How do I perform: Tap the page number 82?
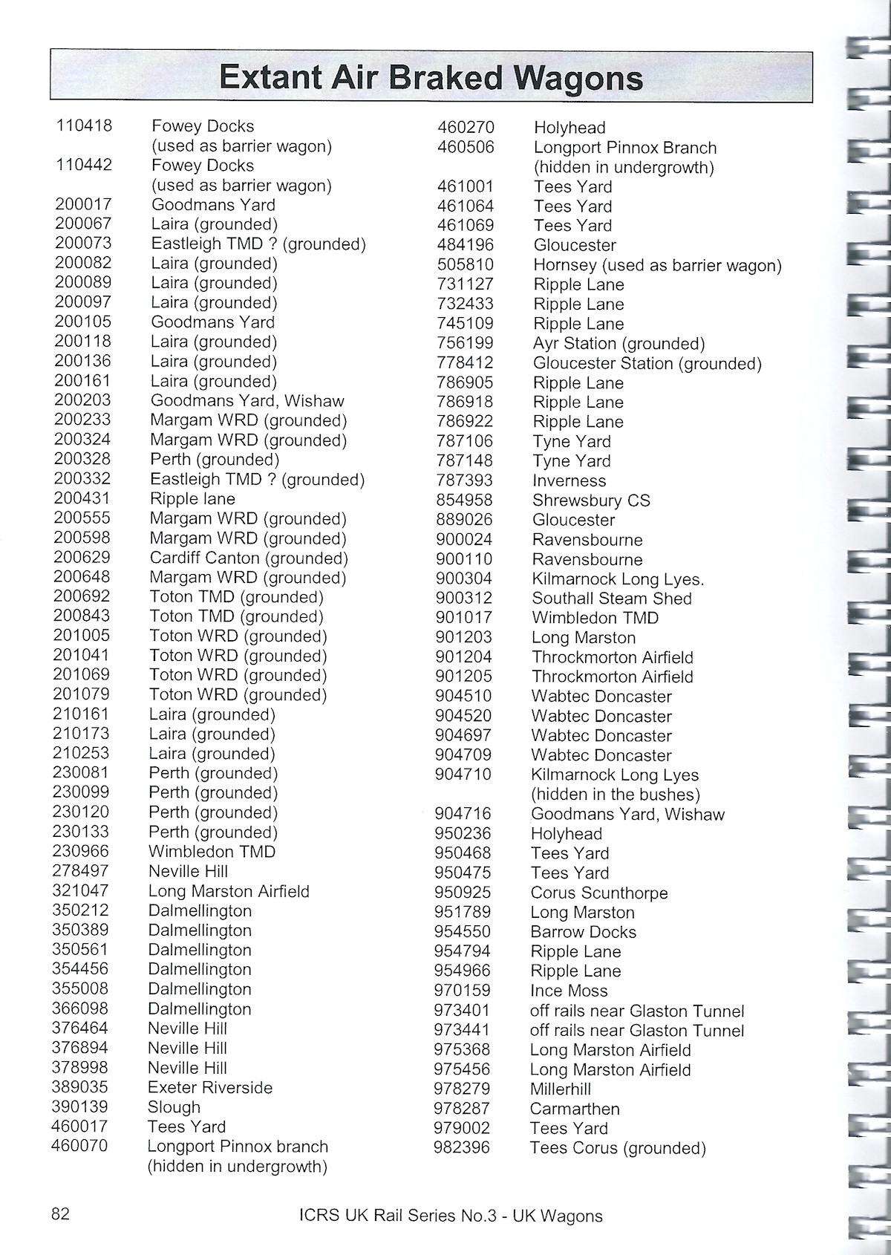pos(61,1213)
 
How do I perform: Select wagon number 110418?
pos(84,125)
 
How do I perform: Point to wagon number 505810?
pos(466,264)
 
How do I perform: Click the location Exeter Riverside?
pos(210,1087)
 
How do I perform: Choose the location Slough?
pos(174,1107)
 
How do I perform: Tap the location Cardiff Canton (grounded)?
pos(249,558)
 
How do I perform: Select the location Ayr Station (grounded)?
pos(619,343)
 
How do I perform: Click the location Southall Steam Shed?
pos(611,599)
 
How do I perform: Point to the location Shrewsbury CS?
pos(591,500)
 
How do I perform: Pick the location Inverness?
pos(569,480)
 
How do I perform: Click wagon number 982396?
pos(462,1147)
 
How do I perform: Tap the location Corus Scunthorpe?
pos(599,893)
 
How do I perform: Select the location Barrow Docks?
pos(583,932)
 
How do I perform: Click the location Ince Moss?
pos(569,991)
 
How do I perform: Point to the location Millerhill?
pos(561,1089)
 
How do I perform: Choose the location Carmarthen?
pos(575,1109)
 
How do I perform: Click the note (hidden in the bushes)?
pos(616,795)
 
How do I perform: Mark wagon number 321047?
pos(80,890)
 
